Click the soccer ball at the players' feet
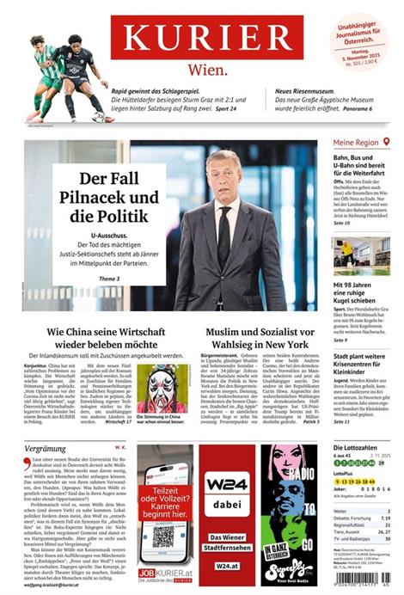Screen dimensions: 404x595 pos(98,116)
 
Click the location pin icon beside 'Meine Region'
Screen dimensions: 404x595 pos(387,141)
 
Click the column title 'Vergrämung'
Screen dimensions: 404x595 pos(46,448)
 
